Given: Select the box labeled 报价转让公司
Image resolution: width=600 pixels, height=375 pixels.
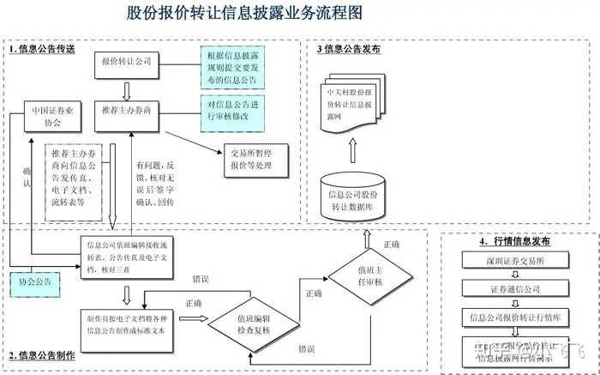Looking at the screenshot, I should point(126,62).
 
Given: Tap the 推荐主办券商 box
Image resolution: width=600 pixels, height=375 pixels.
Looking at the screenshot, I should point(126,110).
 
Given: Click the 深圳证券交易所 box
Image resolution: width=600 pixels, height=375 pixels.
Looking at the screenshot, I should point(508,260).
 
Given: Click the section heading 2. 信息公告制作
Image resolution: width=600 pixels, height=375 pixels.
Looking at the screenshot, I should point(43,355).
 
